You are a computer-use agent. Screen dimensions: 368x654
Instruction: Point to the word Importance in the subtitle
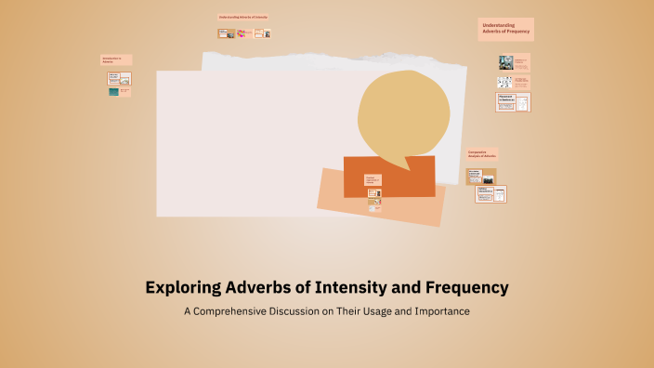[x=439, y=311]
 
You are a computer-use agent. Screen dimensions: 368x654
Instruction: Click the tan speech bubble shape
[x=398, y=113]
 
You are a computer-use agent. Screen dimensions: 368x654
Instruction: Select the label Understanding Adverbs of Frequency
[x=505, y=28]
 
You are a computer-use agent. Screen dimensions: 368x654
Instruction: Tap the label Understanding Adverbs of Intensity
[x=242, y=18]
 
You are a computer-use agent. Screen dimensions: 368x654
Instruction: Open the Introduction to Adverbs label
[x=116, y=60]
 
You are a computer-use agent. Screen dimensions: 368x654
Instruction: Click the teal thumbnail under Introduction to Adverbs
[x=113, y=92]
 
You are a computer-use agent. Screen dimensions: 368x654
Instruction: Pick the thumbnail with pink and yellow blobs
[x=243, y=33]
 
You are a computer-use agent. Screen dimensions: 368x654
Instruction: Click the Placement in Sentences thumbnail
[x=513, y=102]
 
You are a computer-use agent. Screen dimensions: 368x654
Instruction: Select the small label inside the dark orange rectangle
[x=372, y=178]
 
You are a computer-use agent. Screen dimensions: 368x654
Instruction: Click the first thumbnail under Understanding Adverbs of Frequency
[x=506, y=62]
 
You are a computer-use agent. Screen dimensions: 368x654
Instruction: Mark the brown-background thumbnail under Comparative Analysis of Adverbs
[x=480, y=177]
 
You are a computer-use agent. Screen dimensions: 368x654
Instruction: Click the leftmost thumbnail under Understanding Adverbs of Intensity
[x=225, y=33]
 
